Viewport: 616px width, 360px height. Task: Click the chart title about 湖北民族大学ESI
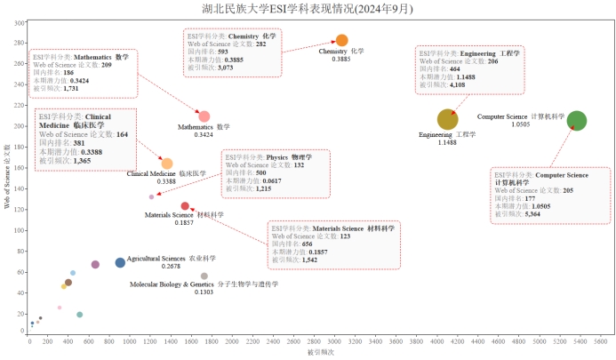(308, 9)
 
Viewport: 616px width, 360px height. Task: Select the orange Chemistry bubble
(342, 40)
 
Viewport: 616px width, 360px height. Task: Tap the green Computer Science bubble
(576, 121)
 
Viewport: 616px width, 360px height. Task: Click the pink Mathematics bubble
(204, 116)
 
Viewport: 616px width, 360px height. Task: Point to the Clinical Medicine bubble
(167, 164)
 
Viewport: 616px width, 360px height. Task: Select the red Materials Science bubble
(185, 206)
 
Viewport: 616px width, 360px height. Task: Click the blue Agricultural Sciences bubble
(120, 262)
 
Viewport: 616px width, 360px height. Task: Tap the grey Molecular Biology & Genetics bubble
(204, 276)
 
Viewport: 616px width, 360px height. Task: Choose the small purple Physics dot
(152, 197)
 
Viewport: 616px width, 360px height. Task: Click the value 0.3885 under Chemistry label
(341, 59)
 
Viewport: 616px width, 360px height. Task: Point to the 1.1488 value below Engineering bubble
(447, 142)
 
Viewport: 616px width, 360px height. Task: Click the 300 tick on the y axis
(20, 22)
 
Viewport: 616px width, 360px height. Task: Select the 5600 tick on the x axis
(600, 342)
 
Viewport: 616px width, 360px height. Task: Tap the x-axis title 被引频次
(316, 353)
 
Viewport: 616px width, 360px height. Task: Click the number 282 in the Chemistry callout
(260, 44)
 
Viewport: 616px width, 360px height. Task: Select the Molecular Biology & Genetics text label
(204, 284)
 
